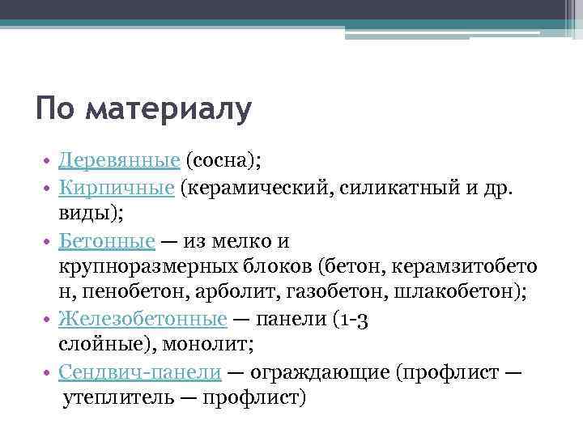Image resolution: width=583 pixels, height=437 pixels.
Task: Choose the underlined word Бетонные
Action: pyautogui.click(x=107, y=240)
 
